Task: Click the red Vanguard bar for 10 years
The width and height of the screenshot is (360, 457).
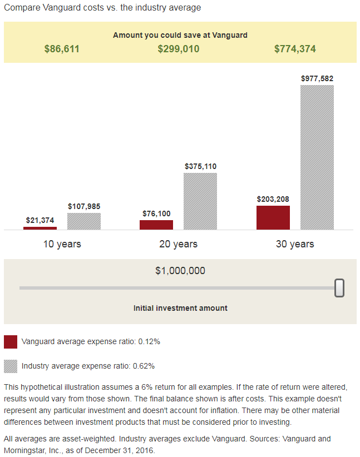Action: click(40, 228)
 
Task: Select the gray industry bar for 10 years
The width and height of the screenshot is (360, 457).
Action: click(84, 221)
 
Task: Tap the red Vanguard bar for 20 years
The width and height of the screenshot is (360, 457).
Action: click(156, 225)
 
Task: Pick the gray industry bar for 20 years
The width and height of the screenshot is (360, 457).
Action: click(200, 201)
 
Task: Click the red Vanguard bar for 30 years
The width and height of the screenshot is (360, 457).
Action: click(273, 217)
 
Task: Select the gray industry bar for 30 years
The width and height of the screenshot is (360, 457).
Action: click(317, 157)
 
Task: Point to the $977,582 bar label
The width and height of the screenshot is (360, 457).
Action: click(317, 78)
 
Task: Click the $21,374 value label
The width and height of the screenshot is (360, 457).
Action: click(40, 220)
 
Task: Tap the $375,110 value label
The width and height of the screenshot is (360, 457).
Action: click(200, 166)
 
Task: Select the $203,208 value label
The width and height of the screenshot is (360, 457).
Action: click(273, 199)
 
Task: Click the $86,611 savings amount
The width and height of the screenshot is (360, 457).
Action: click(62, 49)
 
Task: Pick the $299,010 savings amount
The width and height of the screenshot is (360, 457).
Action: click(179, 49)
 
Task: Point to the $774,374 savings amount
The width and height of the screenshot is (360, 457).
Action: click(295, 49)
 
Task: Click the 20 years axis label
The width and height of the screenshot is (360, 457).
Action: click(178, 244)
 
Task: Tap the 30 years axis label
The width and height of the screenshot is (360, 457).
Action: click(295, 244)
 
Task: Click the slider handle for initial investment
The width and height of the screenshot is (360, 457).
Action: click(339, 288)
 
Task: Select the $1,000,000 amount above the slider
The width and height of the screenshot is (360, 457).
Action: click(180, 271)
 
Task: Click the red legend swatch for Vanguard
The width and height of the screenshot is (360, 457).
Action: click(11, 341)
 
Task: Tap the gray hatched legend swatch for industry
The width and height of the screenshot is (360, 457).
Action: click(11, 366)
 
